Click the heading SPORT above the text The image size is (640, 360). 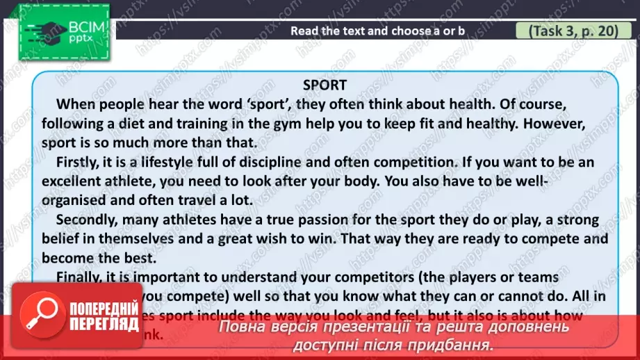point(325,85)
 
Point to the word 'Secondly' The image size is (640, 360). point(90,220)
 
